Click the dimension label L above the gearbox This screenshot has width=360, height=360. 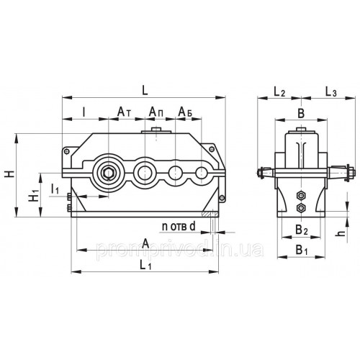[145, 91]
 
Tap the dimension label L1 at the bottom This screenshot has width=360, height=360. [145, 266]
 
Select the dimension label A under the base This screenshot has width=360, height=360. [145, 244]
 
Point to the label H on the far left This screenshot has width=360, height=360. [10, 174]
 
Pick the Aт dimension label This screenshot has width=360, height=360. [124, 112]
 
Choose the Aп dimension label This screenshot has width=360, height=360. [156, 112]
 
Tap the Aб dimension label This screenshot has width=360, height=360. [186, 112]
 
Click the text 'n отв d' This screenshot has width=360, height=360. [179, 226]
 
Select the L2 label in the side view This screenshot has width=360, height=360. [279, 91]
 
